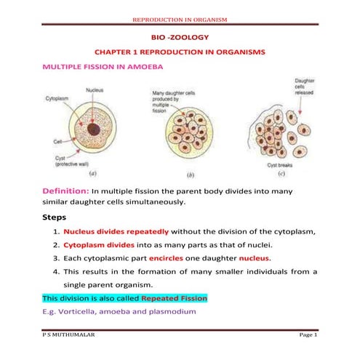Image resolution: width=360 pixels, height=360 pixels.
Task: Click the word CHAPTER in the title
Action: (116, 52)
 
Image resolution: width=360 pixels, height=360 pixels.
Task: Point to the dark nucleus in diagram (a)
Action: (93, 131)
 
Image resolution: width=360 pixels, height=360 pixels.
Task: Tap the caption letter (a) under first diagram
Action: (92, 175)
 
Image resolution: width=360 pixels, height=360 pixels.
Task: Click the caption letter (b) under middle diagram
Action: (191, 175)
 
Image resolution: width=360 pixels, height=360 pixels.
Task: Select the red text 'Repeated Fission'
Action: (173, 298)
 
